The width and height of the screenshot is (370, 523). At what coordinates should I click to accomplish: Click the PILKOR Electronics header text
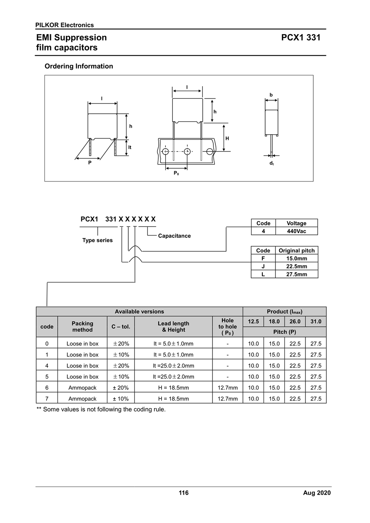click(65, 25)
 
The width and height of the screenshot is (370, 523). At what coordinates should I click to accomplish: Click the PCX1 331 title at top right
click(301, 38)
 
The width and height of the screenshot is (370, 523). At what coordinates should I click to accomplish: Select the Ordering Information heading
click(79, 67)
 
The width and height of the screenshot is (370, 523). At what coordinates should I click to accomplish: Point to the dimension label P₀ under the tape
click(176, 173)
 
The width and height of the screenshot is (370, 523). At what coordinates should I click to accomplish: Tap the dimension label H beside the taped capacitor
click(227, 138)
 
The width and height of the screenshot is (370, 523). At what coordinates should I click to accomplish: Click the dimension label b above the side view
click(271, 95)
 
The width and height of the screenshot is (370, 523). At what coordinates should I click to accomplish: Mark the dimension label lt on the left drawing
click(129, 147)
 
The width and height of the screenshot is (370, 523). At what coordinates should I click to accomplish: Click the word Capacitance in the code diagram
click(174, 236)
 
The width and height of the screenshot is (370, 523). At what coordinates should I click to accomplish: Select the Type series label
click(97, 240)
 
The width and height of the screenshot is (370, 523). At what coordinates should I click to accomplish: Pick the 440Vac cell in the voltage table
click(296, 231)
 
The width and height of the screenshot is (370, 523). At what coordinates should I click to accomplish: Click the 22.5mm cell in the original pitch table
click(296, 266)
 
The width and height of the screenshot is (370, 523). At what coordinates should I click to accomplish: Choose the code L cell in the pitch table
click(263, 274)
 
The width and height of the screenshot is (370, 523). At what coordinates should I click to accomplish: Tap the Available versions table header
click(139, 312)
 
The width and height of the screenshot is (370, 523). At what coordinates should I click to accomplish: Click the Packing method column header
click(82, 327)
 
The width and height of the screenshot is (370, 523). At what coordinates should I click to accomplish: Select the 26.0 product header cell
click(295, 321)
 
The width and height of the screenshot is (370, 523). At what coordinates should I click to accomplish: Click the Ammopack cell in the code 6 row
click(82, 388)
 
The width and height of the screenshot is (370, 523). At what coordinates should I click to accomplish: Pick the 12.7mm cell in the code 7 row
click(228, 399)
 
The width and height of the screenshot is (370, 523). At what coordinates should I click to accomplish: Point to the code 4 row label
click(47, 366)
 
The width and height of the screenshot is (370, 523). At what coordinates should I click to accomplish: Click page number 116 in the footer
click(184, 493)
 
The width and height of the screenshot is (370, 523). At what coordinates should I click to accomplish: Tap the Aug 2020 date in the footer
click(317, 493)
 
